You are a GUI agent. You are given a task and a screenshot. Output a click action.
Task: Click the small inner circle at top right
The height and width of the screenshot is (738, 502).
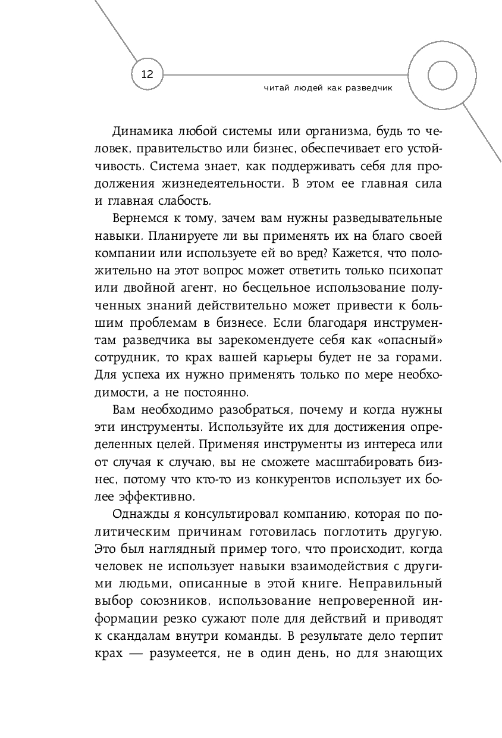coord(441,74)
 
